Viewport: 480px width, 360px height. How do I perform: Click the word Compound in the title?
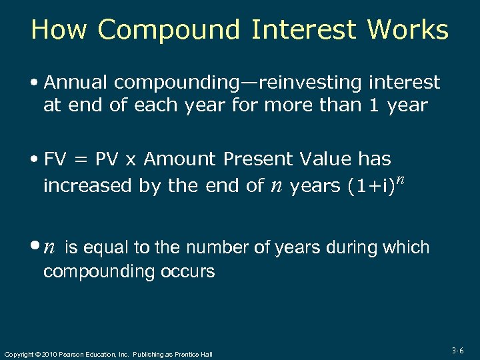click(x=170, y=30)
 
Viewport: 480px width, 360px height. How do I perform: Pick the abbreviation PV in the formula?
click(x=106, y=159)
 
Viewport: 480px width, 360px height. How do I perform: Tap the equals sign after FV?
click(x=80, y=160)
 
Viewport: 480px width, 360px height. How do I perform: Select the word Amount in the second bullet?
click(x=180, y=159)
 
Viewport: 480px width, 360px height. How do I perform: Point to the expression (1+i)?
click(x=370, y=186)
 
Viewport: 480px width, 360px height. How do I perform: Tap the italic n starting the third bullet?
click(x=49, y=249)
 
